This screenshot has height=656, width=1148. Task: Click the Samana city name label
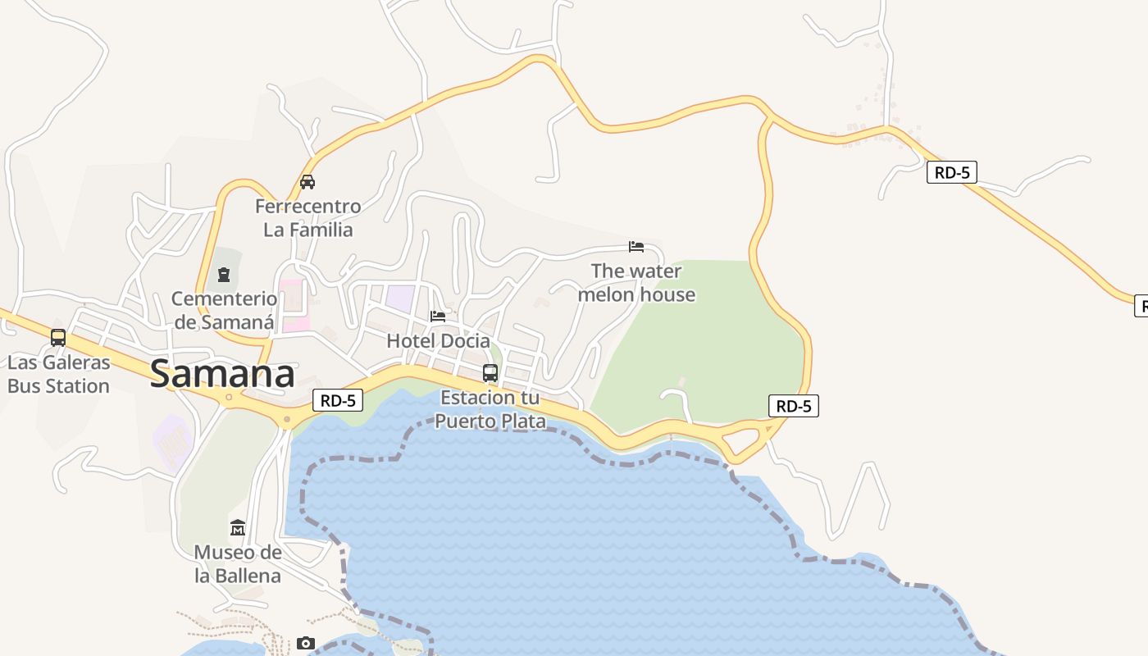tap(222, 374)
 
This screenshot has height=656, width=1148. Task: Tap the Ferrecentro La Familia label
tap(307, 217)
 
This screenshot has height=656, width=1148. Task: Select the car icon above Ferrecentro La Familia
tap(307, 182)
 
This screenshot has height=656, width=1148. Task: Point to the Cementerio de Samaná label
tap(224, 310)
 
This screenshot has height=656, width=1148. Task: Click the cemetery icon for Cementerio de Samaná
tap(223, 275)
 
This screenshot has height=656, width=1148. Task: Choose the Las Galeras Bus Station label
tap(58, 374)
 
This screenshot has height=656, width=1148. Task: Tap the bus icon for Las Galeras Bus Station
tap(58, 337)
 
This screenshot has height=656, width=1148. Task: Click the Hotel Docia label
tap(438, 340)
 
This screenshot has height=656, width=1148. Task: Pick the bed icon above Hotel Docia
tap(438, 316)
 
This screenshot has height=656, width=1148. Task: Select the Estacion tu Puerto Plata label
tap(490, 409)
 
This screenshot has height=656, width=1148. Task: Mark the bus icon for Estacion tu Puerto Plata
tap(490, 372)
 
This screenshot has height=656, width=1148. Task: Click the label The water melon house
tap(636, 282)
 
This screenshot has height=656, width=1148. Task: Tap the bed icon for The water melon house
tap(636, 246)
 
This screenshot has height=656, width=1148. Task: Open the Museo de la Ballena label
tap(238, 563)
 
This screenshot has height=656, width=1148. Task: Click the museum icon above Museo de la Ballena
tap(238, 527)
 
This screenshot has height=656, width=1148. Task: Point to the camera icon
tap(306, 644)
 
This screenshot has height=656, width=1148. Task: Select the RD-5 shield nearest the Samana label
tap(338, 400)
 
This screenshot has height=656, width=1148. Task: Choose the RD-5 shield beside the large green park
tap(794, 405)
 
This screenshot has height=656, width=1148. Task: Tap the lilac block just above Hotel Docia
tap(401, 297)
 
